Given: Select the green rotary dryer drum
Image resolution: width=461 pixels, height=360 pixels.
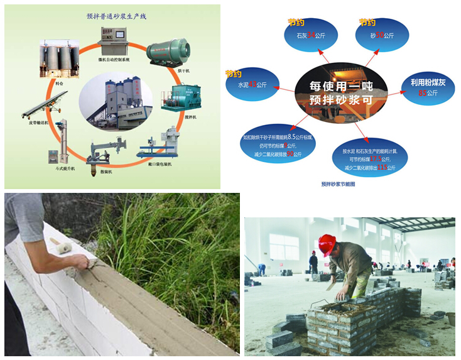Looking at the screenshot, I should click(168, 50).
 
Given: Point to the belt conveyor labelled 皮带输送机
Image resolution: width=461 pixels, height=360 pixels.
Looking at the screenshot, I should click(44, 104).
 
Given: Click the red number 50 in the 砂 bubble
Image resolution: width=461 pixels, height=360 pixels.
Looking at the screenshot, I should click(379, 36).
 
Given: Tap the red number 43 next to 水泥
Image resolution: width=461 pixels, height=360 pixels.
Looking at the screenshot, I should click(252, 84).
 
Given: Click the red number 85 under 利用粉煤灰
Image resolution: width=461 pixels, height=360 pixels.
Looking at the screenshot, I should click(423, 94).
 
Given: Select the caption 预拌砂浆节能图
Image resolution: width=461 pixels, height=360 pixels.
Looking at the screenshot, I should click(339, 185).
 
